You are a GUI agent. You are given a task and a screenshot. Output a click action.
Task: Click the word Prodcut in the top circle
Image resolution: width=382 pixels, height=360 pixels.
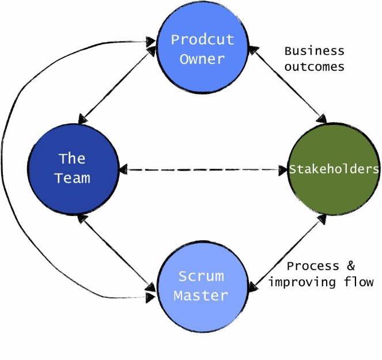pos(202,40)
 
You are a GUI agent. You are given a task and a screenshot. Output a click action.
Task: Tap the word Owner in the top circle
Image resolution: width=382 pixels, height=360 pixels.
pos(202,59)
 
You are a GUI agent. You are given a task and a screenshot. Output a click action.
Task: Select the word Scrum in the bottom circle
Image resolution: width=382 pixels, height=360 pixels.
pos(201,276)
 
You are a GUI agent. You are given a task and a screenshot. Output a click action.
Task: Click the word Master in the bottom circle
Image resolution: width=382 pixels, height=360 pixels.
pos(201,295)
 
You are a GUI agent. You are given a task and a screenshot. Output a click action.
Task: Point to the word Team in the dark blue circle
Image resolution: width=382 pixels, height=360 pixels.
pos(73,178)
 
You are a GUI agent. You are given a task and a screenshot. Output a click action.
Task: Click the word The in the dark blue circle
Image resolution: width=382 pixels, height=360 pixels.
pos(72,158)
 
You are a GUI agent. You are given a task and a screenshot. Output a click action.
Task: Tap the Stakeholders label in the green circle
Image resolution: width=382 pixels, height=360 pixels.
pos(334,169)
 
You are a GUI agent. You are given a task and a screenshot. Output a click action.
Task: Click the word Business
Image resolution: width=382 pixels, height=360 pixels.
pos(314,51)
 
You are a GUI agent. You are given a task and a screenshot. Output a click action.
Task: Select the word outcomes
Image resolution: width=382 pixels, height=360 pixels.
pos(314,67)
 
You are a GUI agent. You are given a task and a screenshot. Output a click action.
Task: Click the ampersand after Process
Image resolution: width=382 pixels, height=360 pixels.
pos(351,266)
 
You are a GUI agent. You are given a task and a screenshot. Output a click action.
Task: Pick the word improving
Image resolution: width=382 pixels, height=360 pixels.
pos(302,282)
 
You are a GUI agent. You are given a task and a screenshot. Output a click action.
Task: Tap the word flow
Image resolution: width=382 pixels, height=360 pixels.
pos(358,282)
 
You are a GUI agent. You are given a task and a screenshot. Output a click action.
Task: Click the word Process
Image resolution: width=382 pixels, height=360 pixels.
pos(313,266)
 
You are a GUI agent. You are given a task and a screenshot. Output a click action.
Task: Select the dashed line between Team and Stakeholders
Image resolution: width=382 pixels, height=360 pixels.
pos(203,169)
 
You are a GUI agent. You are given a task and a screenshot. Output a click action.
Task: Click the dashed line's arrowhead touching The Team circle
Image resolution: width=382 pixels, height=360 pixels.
pos(123,169)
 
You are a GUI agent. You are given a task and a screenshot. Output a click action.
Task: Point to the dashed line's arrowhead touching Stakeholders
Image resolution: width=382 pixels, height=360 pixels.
pos(283,170)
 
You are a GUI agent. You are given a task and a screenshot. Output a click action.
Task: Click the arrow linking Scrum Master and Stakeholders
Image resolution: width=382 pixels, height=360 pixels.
pos(287,253)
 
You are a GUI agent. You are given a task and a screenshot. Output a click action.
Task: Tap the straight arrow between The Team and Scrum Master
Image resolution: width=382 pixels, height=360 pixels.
pos(116,253)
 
